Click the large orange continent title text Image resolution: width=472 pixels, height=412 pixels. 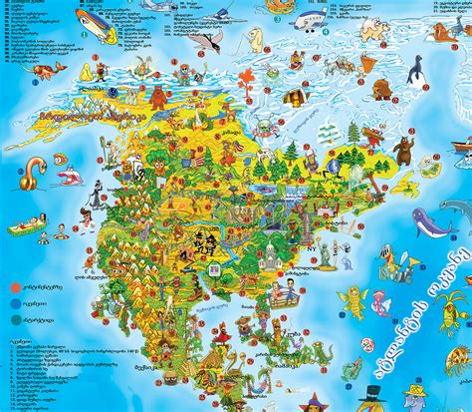[x=81, y=113]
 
